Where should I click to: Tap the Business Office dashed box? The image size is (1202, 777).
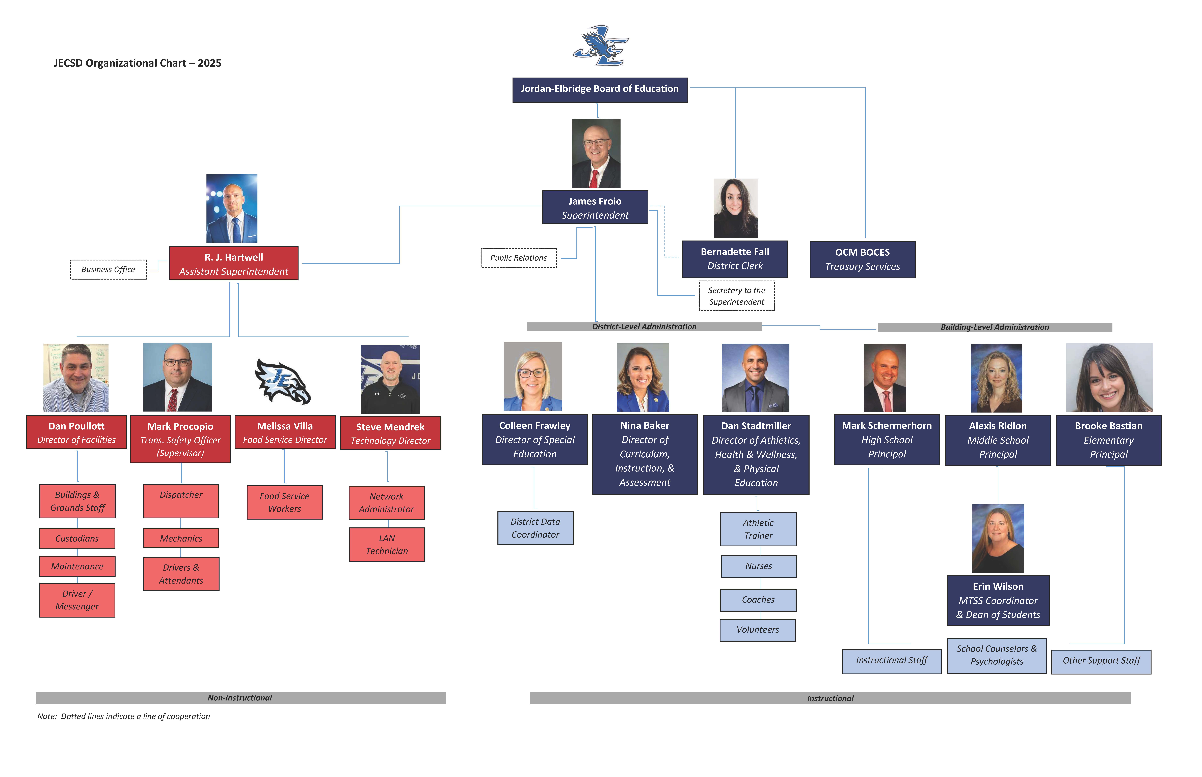[x=108, y=269]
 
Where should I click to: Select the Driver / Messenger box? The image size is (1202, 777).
[x=77, y=600]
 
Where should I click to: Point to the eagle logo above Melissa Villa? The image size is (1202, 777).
[x=283, y=381]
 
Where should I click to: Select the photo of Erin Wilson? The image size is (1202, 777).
[x=998, y=538]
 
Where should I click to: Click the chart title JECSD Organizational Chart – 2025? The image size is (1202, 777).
[x=137, y=63]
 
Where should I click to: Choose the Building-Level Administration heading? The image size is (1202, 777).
[x=994, y=327]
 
